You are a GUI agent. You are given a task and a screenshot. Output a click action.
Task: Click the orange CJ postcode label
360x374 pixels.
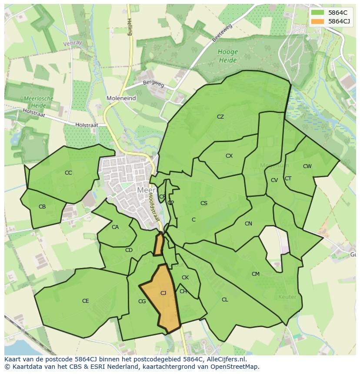click(x=163, y=293)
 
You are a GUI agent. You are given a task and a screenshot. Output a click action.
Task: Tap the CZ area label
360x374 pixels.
click(x=220, y=117)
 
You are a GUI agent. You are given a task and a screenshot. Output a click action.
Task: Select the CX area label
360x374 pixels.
click(x=229, y=156)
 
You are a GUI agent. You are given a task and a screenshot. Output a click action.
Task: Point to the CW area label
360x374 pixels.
click(x=307, y=166)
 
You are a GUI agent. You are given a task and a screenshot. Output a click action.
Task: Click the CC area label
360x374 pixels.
click(x=68, y=173)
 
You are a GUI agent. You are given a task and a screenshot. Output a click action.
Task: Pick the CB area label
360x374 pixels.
click(x=42, y=207)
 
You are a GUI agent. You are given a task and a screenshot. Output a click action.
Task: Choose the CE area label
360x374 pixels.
click(x=86, y=301)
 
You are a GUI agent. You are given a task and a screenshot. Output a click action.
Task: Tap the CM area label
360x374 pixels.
click(x=256, y=274)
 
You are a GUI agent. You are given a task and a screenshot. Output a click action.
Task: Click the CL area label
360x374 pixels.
click(x=225, y=300)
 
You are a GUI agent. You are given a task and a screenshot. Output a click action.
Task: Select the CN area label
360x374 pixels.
click(x=248, y=224)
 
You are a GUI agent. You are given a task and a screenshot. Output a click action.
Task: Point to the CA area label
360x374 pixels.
click(x=115, y=227)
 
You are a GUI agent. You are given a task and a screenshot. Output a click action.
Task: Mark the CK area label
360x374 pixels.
click(x=185, y=278)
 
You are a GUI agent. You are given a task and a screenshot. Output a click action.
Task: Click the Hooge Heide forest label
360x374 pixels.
click(x=227, y=56)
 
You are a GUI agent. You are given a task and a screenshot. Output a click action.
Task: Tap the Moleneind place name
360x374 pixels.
click(x=121, y=99)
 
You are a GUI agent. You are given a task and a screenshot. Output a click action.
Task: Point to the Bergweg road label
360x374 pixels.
click(x=153, y=83)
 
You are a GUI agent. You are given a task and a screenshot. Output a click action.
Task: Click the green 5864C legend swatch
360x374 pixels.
click(x=318, y=13)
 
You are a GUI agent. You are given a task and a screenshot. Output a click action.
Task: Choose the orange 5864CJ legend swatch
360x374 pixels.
click(x=318, y=21)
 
